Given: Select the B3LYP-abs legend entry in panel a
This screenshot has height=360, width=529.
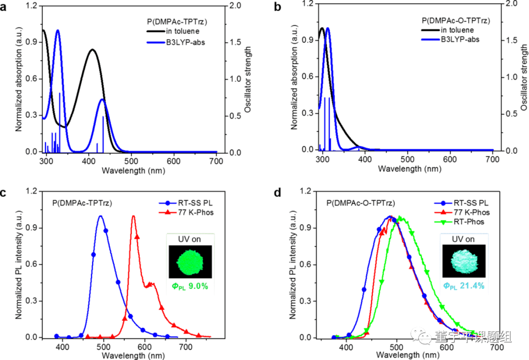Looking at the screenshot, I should (185, 42).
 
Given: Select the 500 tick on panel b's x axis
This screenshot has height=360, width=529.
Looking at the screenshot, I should (408, 159).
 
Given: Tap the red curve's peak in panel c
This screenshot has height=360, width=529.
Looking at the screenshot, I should (133, 216).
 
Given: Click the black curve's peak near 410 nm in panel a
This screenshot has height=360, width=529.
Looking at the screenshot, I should (92, 49).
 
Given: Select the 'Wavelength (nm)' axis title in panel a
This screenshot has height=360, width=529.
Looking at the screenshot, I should (132, 171).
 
